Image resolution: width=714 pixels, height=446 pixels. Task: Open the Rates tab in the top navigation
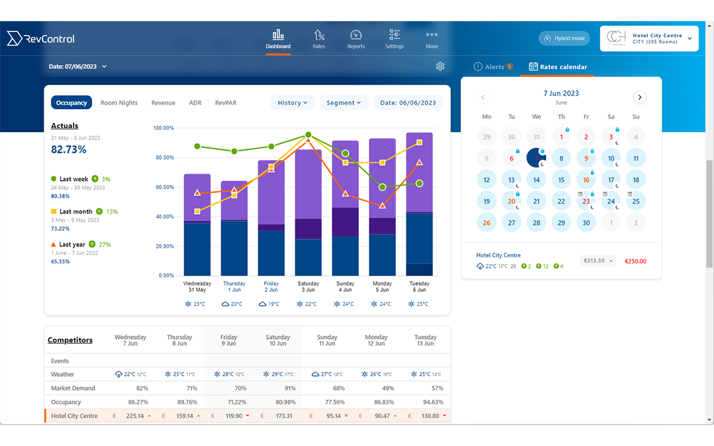[x=318, y=39]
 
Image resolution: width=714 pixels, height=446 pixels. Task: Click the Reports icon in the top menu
[x=356, y=39]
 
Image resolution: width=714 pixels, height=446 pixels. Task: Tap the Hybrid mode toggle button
[x=564, y=39]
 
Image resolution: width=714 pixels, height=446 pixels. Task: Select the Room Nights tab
[x=119, y=103]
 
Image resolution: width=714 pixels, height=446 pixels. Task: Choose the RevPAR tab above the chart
[x=226, y=103]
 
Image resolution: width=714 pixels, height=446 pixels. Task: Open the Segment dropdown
[x=344, y=103]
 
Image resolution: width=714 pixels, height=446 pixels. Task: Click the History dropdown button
[x=293, y=103]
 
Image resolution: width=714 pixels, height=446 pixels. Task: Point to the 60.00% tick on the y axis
[x=163, y=187]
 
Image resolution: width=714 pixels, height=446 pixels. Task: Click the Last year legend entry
[x=72, y=245]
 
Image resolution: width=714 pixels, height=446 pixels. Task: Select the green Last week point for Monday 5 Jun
[x=382, y=187]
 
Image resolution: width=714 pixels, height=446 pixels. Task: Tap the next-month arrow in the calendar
[x=640, y=97]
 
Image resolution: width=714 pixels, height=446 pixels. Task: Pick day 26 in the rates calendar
[x=487, y=223]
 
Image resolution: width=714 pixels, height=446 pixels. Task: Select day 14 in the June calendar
[x=537, y=180]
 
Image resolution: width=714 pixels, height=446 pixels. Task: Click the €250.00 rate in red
[x=635, y=262]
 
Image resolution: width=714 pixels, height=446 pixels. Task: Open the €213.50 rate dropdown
[x=598, y=261]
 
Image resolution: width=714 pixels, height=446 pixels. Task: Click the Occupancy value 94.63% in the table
[x=432, y=402]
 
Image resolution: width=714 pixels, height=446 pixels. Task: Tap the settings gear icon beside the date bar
[x=440, y=67]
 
